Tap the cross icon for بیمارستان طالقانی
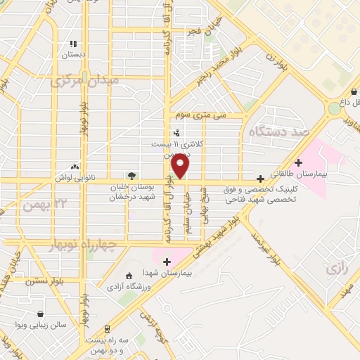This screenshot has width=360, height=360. click(299, 163)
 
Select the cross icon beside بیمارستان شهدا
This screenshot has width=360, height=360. click(167, 262)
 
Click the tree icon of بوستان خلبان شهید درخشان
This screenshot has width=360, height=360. click(131, 176)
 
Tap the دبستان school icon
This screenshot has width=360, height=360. click(71, 43)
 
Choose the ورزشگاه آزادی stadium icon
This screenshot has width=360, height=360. click(127, 276)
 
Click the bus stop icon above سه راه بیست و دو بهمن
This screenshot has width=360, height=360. click(106, 328)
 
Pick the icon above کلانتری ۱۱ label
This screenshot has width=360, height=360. click(176, 133)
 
